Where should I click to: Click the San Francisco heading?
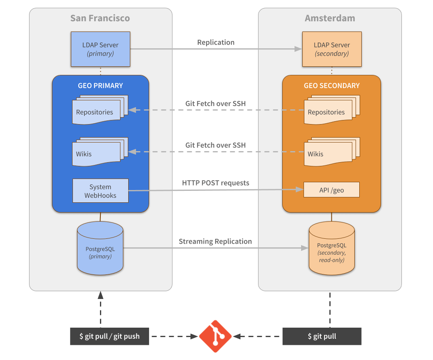pos(100,18)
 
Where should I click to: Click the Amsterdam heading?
pos(330,18)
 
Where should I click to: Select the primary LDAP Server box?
pos(100,49)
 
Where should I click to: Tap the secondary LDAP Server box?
pos(331,49)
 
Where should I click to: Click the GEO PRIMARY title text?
pos(100,86)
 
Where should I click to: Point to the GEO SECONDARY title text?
pos(331,86)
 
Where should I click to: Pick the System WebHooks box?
pos(100,191)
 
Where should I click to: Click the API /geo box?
pos(331,190)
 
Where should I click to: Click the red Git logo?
pos(215,336)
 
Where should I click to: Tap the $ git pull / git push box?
pos(109,336)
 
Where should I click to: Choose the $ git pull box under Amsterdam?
pos(322,336)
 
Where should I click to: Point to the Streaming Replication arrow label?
pos(215,242)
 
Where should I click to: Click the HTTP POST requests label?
pos(215,183)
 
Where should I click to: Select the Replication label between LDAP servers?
pos(215,43)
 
